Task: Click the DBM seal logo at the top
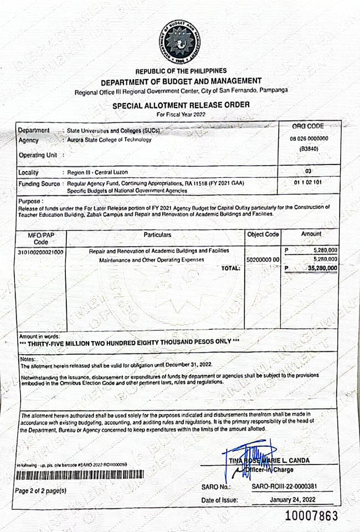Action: (180, 42)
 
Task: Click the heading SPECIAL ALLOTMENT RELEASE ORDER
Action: (181, 105)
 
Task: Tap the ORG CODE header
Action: (307, 127)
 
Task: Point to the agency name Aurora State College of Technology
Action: (109, 140)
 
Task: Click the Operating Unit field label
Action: (38, 155)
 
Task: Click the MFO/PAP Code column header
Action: (41, 238)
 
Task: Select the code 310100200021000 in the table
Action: (41, 252)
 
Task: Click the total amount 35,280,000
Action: (321, 268)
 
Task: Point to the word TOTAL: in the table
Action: (230, 268)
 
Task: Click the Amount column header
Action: (311, 234)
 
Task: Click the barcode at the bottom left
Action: (80, 475)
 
